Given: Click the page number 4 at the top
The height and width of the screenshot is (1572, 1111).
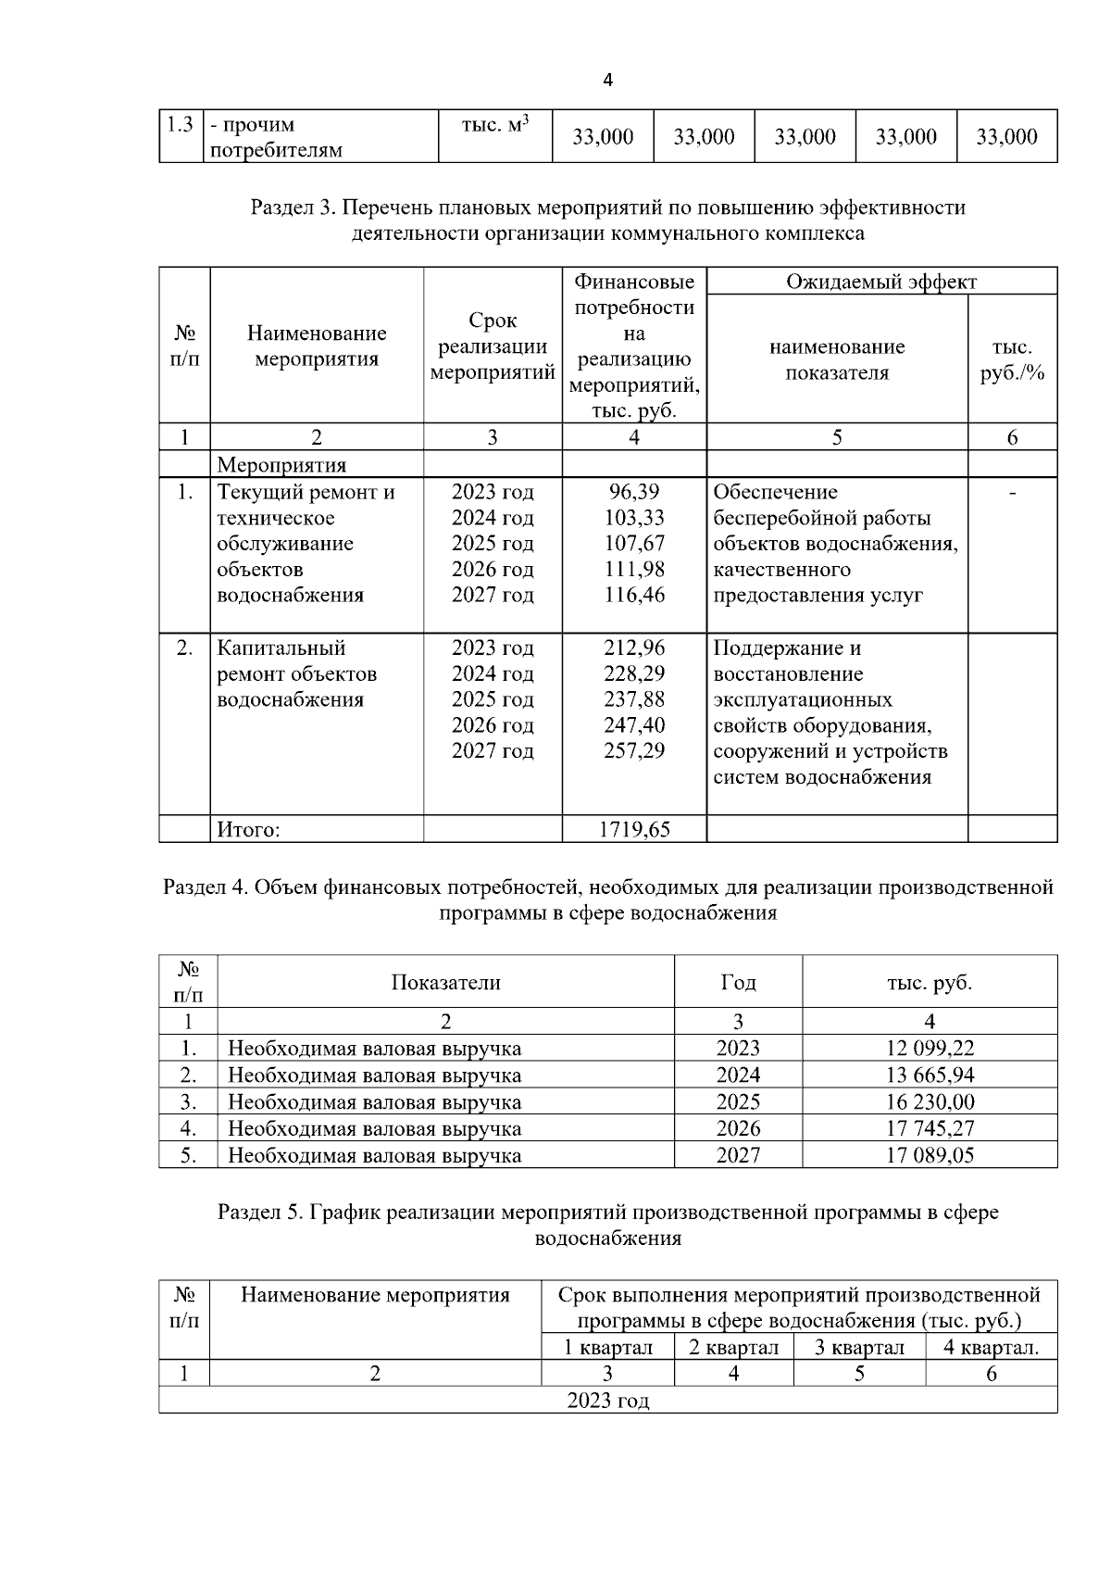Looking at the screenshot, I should (607, 81).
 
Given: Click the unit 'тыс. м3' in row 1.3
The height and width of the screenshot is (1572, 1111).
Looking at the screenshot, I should (494, 125).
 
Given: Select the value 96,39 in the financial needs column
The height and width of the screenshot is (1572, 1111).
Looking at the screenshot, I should (634, 492).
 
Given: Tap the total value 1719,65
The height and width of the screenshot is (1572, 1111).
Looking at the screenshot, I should (634, 829).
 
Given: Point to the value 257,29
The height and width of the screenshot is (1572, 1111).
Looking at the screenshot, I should (634, 750).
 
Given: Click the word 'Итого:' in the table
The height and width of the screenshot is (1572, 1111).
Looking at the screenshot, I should (248, 830).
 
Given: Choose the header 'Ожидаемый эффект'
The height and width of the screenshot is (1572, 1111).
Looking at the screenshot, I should (880, 282).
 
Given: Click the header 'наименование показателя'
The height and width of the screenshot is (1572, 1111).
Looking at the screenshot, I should (836, 359).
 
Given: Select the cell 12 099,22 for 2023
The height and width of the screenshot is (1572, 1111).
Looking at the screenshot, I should (929, 1049).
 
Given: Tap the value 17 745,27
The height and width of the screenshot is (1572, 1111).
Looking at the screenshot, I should (929, 1128).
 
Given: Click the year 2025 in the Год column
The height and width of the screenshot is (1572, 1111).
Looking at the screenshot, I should (738, 1102).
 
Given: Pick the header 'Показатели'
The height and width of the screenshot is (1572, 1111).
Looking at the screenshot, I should (445, 982).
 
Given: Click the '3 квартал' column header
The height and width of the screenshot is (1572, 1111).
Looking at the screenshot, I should (858, 1347).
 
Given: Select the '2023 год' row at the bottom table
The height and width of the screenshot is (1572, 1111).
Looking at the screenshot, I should (607, 1400).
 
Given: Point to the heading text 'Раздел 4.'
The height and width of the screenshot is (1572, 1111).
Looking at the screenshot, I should (205, 887).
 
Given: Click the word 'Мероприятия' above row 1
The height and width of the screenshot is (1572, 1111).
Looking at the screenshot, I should (281, 465).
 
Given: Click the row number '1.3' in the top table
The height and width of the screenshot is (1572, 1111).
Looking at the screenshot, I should (181, 124).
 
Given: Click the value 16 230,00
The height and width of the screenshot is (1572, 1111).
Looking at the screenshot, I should (929, 1102).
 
